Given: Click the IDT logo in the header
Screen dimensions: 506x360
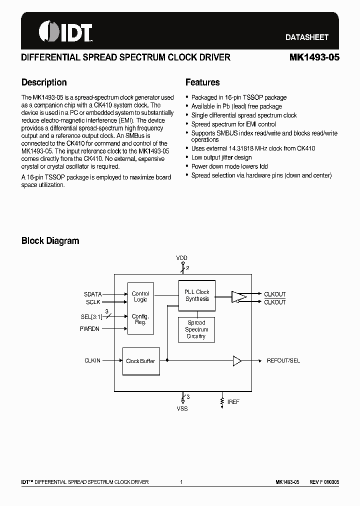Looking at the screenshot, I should pyautogui.click(x=65, y=32).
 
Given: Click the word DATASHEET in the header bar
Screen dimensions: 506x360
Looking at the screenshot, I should pyautogui.click(x=306, y=37).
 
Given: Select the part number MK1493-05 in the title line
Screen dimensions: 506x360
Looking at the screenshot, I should pyautogui.click(x=314, y=57).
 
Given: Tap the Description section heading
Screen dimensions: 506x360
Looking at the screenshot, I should pyautogui.click(x=44, y=82).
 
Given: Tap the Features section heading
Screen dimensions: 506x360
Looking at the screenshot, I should pyautogui.click(x=202, y=82).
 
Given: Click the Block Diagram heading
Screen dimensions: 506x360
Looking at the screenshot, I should pyautogui.click(x=50, y=240).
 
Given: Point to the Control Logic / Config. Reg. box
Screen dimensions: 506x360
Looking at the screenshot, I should pyautogui.click(x=140, y=308).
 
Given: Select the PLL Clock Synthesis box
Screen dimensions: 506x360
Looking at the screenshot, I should pyautogui.click(x=197, y=295).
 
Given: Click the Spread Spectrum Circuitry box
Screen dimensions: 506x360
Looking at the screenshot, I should pyautogui.click(x=196, y=329).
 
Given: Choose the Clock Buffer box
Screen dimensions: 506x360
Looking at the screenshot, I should pyautogui.click(x=140, y=361).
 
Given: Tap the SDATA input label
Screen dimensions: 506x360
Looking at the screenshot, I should pyautogui.click(x=92, y=294).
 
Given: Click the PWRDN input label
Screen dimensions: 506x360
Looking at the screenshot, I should pyautogui.click(x=90, y=328).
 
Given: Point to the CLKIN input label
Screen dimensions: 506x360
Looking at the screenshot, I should pyautogui.click(x=92, y=360).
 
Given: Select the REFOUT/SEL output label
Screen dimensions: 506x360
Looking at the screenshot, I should pyautogui.click(x=283, y=360).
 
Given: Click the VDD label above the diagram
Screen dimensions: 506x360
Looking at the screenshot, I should pyautogui.click(x=181, y=258).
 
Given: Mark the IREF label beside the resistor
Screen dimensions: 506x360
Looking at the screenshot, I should pyautogui.click(x=233, y=402).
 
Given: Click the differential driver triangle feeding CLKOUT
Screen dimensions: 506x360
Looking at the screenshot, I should pyautogui.click(x=239, y=297).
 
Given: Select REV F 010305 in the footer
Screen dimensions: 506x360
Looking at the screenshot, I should pyautogui.click(x=324, y=482).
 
